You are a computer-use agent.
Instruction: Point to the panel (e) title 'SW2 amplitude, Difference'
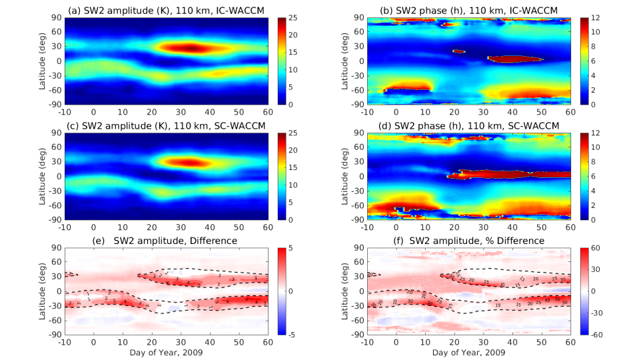pyautogui.click(x=167, y=239)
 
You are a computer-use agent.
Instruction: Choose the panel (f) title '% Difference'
pyautogui.click(x=468, y=239)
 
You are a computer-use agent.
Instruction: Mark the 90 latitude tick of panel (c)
pyautogui.click(x=56, y=133)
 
